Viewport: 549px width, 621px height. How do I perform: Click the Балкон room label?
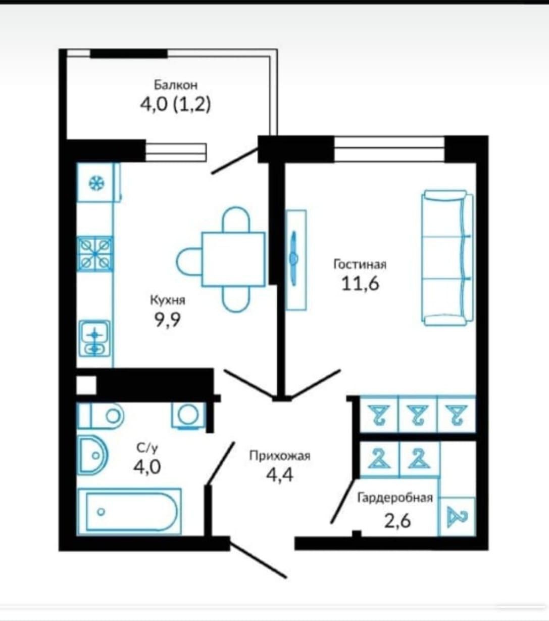pos(176,85)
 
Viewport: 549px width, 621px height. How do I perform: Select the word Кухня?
pos(168,300)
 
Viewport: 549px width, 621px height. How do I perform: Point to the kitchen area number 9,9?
pos(168,320)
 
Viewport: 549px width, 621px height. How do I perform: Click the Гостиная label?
pos(360,264)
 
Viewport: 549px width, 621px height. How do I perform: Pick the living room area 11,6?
pos(360,283)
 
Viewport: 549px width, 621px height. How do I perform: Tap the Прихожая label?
pos(280,456)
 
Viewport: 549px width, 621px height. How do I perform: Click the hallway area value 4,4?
pos(280,475)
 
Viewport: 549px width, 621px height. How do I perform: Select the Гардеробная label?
pos(395,498)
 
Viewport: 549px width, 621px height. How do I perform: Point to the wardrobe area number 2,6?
pos(397,521)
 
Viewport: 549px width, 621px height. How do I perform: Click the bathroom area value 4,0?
pos(147,467)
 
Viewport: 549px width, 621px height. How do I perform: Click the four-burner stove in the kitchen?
pos(95,254)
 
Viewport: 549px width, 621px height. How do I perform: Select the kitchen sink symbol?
pos(94,339)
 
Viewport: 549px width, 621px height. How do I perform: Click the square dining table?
pos(233,259)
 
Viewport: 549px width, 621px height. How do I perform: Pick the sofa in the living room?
pos(447,258)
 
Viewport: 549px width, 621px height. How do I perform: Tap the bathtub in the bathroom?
pos(129,512)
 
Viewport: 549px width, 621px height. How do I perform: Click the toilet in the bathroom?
pos(101,416)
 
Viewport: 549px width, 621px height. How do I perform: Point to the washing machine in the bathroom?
pos(188,416)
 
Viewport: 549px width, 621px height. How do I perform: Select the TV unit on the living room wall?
pos(295,260)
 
